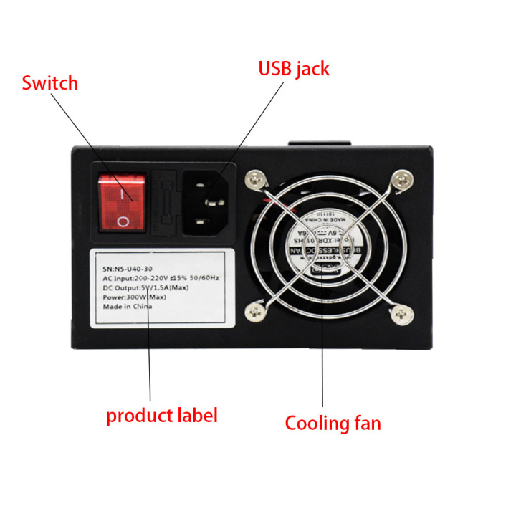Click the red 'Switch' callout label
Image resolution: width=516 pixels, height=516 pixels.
point(49,83)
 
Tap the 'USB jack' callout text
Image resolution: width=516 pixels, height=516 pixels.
point(293,69)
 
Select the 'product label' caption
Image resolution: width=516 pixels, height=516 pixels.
point(161,415)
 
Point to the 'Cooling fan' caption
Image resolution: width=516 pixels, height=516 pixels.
point(333,422)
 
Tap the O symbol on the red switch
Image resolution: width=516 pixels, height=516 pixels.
point(123,220)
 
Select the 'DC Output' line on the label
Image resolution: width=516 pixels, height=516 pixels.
point(145,277)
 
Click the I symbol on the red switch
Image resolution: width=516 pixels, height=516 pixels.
point(123,192)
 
